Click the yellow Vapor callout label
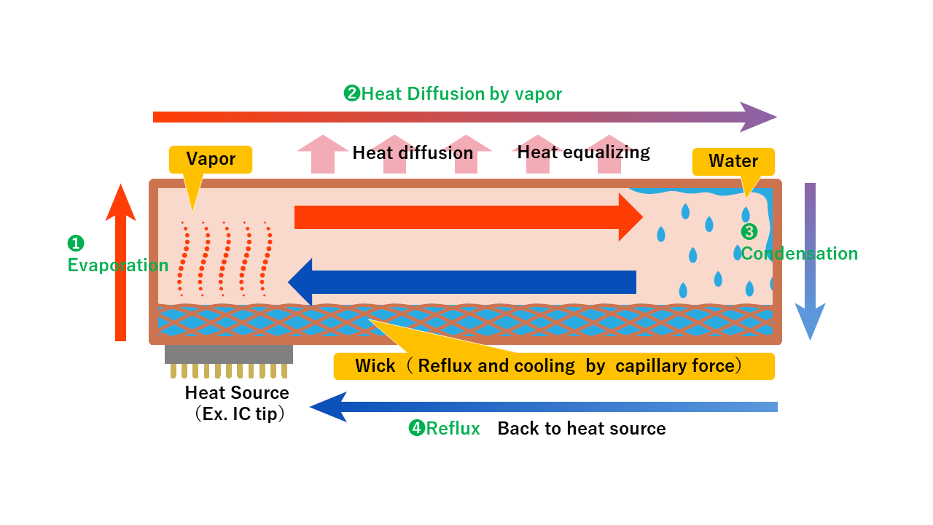tap(211, 159)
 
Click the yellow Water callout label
tap(733, 161)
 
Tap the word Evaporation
tap(118, 265)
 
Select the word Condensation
tap(800, 254)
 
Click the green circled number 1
tap(75, 243)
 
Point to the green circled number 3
tap(749, 232)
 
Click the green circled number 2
tap(352, 93)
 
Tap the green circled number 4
tap(416, 429)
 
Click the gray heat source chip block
tap(228, 354)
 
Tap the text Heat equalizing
tap(583, 152)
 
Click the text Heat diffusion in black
tap(413, 152)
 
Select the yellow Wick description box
tap(554, 366)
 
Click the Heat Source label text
tap(237, 393)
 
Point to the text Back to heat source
tap(582, 429)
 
